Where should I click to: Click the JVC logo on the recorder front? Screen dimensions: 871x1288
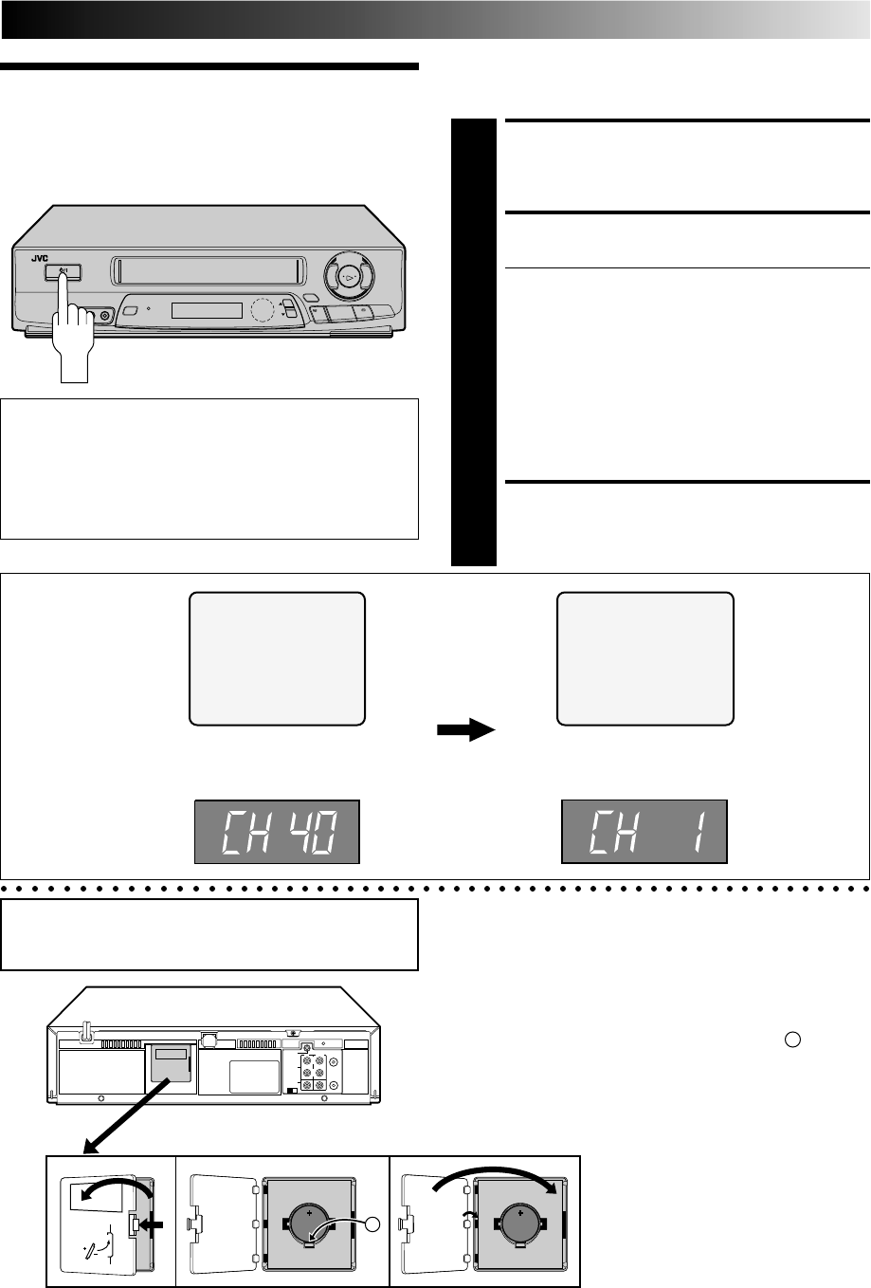(40, 258)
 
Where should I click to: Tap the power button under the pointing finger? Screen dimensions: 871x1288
(64, 272)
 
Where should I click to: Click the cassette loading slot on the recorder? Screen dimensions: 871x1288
(209, 271)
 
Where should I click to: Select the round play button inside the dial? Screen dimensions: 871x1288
(348, 278)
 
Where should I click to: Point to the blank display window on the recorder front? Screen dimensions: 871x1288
(207, 310)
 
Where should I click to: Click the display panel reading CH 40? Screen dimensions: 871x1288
(277, 832)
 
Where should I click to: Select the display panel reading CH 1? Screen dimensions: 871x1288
(644, 832)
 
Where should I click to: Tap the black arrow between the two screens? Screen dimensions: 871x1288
(466, 729)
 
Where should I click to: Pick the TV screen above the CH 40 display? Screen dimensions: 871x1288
(277, 658)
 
